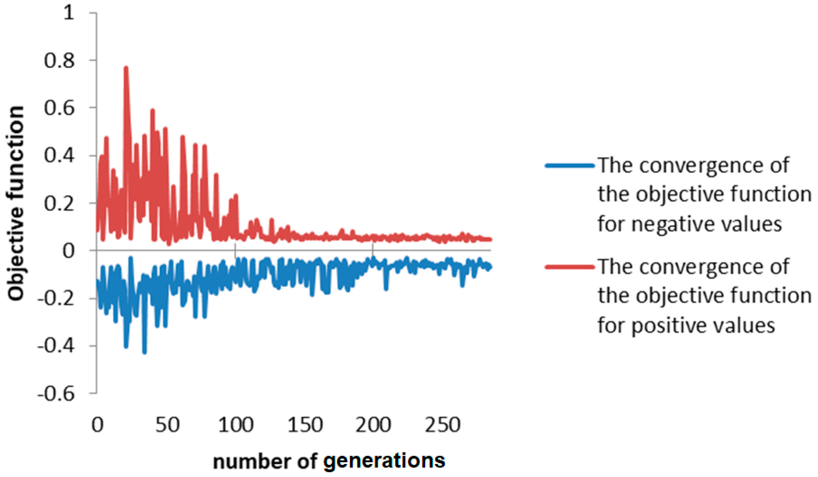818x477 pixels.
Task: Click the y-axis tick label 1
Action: tap(69, 13)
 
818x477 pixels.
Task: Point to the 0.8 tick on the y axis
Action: tap(59, 61)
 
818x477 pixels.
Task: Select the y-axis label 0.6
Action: tap(59, 108)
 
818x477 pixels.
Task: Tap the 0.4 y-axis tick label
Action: tap(59, 156)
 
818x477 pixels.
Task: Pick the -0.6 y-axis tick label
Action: tap(56, 394)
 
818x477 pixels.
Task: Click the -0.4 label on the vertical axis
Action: tap(56, 346)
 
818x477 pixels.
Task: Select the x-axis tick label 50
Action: tap(167, 425)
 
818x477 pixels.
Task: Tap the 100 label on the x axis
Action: tap(236, 425)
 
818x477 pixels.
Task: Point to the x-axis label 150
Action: tap(305, 425)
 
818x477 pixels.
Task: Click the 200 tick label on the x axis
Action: tap(373, 425)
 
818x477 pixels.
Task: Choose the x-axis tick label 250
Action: tap(443, 425)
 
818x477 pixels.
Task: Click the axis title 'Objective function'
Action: tap(16, 203)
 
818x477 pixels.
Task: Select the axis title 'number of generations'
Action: tap(329, 461)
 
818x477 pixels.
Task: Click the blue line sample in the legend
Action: tap(570, 166)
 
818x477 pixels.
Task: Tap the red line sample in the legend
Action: tap(570, 267)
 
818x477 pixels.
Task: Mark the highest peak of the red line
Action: tap(126, 68)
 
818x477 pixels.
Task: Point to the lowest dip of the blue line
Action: tap(144, 352)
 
